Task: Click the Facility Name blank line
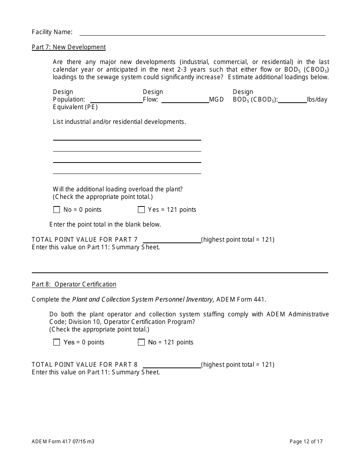tap(202, 32)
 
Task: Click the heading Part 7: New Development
tap(69, 47)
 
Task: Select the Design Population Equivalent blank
tap(116, 100)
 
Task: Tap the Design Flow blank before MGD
tap(185, 100)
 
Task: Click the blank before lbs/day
tap(293, 100)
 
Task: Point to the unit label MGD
tap(216, 100)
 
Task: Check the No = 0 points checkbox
tap(57, 210)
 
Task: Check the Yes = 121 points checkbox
tap(141, 210)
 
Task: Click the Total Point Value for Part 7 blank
tap(172, 240)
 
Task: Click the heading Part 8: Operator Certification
tap(74, 284)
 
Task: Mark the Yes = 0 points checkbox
tap(57, 342)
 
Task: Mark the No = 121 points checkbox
tap(141, 342)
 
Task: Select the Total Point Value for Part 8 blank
tap(172, 365)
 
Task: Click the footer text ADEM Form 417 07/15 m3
tap(63, 441)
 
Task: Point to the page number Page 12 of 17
tap(306, 441)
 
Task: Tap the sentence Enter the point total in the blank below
tap(105, 224)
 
